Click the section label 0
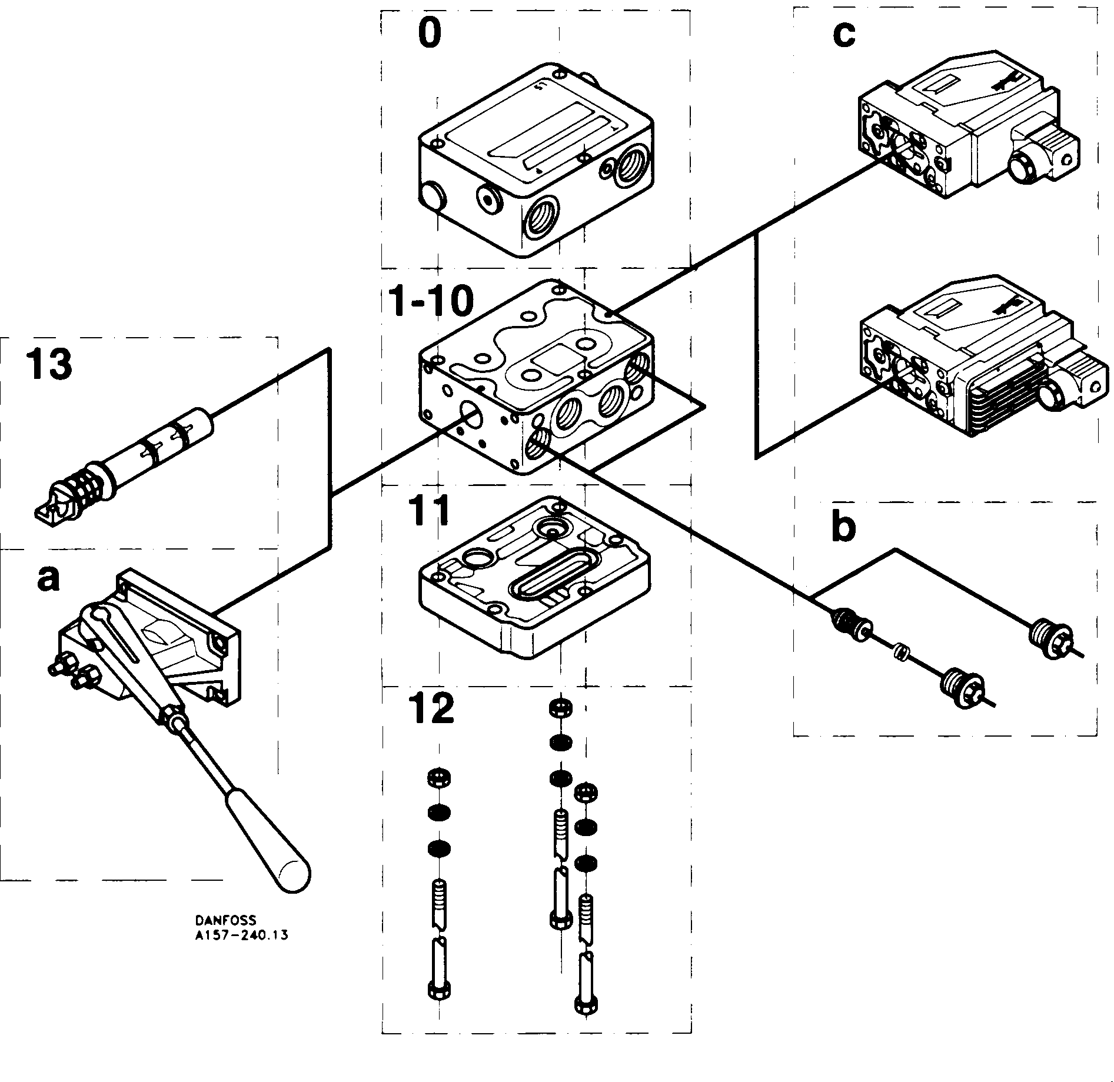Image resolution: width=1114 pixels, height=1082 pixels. point(428,35)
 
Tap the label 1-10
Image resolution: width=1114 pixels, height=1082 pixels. point(431,302)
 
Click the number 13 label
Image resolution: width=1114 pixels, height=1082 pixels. point(48,364)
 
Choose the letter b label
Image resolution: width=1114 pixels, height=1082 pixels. point(843,528)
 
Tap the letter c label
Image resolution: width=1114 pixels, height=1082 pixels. point(843,35)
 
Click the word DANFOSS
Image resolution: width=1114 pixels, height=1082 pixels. point(226,920)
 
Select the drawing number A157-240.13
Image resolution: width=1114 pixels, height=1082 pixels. point(241,934)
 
